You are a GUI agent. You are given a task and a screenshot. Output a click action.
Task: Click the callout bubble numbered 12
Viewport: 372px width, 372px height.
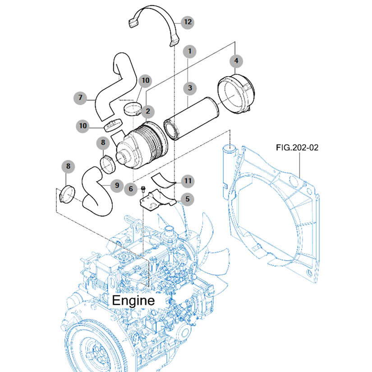tap(188, 22)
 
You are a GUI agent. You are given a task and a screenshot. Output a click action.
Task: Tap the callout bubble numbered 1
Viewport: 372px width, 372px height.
tap(189, 51)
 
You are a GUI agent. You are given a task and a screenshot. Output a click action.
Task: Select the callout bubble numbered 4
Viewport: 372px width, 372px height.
tap(236, 61)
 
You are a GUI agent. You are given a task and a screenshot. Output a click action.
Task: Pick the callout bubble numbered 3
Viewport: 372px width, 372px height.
tap(190, 88)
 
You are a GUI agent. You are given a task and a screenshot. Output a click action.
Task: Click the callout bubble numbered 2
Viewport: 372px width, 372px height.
tap(148, 111)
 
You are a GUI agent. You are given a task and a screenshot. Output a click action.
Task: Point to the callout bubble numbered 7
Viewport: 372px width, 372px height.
tap(80, 97)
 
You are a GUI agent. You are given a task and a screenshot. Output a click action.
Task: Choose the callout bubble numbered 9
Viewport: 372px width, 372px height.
tap(117, 185)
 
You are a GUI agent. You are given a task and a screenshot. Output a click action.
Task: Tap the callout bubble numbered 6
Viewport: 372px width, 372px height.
tap(131, 189)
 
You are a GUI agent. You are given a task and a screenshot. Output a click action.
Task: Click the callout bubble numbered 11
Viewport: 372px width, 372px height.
tap(188, 181)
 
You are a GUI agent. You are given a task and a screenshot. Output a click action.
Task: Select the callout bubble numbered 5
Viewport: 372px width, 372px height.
tap(188, 199)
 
